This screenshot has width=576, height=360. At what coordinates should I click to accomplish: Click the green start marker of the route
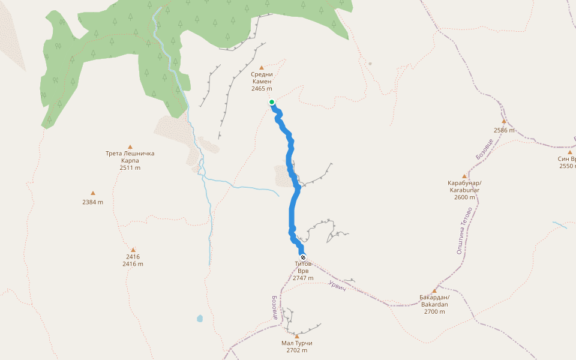tap(272, 102)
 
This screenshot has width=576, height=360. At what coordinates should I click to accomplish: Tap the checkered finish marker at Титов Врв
tap(303, 257)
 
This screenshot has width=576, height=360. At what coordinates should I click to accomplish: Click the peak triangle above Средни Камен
tap(262, 67)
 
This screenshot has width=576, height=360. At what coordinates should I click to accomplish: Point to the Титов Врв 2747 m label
tap(303, 271)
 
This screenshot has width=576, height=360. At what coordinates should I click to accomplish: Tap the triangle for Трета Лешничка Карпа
tap(130, 146)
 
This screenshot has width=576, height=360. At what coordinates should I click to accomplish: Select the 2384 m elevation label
tap(93, 202)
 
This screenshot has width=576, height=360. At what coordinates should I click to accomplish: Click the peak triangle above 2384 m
tap(93, 193)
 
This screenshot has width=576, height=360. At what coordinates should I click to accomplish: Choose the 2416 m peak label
tap(133, 260)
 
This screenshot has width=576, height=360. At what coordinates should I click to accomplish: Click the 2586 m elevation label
tap(504, 130)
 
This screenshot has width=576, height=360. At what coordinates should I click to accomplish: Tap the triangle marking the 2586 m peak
tap(504, 121)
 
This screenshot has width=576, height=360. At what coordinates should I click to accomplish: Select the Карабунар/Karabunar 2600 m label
tap(464, 190)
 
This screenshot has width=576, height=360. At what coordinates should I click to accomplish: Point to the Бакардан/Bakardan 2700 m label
tap(434, 304)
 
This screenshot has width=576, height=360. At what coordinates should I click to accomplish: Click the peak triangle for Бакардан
tap(434, 290)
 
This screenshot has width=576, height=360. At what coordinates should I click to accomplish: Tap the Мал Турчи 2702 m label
tap(297, 347)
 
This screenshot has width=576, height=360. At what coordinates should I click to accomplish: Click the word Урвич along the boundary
tap(338, 286)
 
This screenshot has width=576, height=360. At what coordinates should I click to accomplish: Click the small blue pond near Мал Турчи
tap(199, 319)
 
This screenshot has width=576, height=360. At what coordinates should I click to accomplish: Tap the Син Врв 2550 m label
tap(567, 162)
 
